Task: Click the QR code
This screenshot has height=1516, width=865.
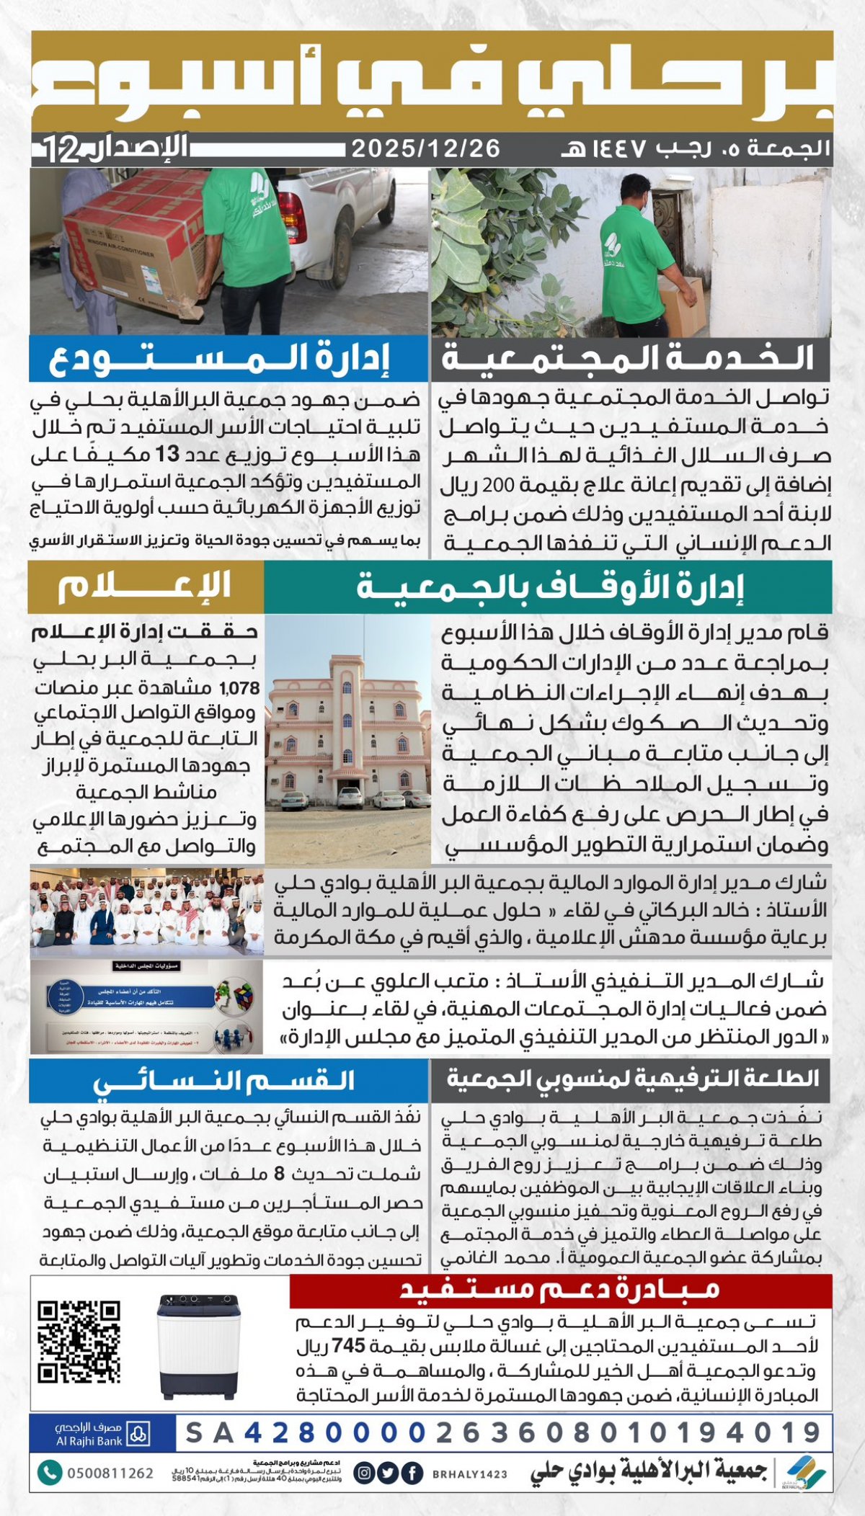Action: click(79, 1342)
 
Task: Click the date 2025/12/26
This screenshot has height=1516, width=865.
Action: click(425, 148)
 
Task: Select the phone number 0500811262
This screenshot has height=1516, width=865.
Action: click(110, 1473)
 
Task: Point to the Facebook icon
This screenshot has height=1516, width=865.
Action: click(412, 1473)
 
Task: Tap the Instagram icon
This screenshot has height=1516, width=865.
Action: click(365, 1473)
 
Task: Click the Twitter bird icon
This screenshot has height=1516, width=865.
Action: click(388, 1473)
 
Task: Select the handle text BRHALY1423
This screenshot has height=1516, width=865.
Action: click(470, 1474)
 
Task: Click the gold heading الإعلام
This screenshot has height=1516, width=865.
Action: click(146, 587)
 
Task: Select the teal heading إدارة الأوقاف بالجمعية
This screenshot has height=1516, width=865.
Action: click(548, 587)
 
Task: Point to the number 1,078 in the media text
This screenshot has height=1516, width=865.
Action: click(239, 688)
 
